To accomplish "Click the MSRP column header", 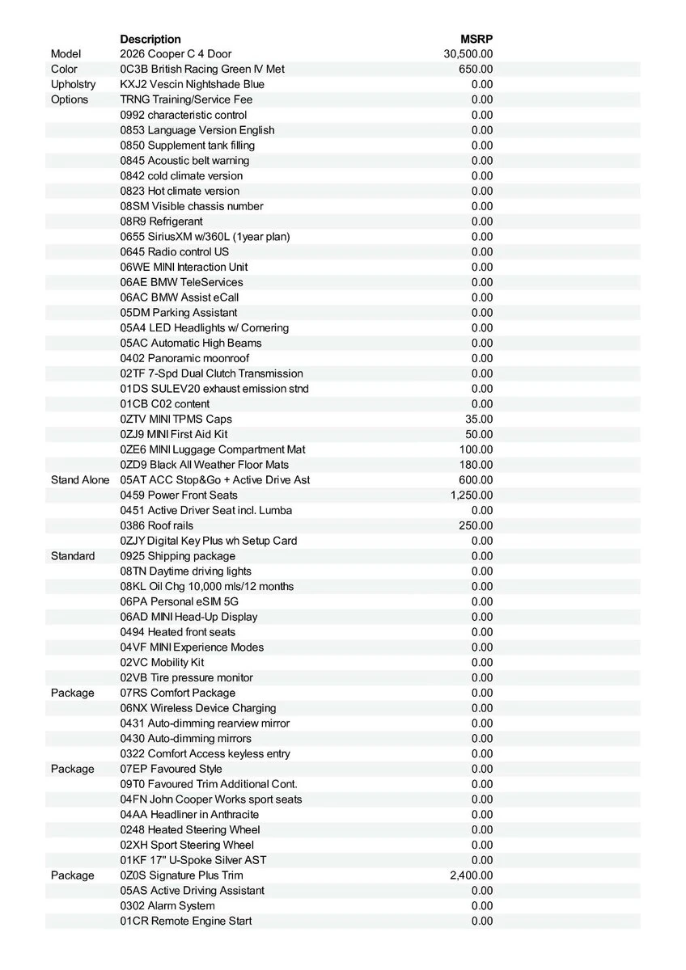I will pos(476,39).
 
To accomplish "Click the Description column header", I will pos(150,39).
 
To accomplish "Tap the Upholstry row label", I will pos(73,84).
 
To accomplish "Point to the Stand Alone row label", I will pos(79,480).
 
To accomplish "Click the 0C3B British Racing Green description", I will pos(202,70).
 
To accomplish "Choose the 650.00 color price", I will pos(476,70).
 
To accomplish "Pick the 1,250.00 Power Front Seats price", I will pos(472,496).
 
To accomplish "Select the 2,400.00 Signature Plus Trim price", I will pos(472,875).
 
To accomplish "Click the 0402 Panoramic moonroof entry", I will pos(184,358).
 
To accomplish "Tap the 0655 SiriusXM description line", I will pos(205,237).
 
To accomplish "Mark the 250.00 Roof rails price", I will pos(476,525).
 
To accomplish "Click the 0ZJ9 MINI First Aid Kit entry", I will pos(174,434).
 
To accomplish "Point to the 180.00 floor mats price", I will pos(476,465).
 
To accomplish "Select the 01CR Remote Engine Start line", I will pos(186,921).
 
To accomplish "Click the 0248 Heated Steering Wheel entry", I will pos(190,829).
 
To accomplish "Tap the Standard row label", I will pos(73,556).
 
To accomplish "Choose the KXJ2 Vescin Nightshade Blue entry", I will pos(192,84).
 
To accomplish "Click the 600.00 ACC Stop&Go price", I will pos(476,480).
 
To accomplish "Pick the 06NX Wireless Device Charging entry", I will pos(198,708).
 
